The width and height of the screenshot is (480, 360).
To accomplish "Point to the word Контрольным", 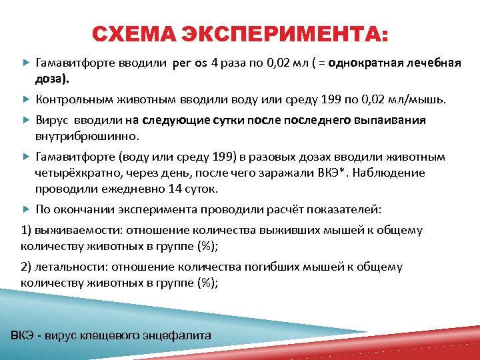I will [x=73, y=99].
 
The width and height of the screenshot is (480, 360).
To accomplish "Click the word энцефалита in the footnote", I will [x=183, y=335].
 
